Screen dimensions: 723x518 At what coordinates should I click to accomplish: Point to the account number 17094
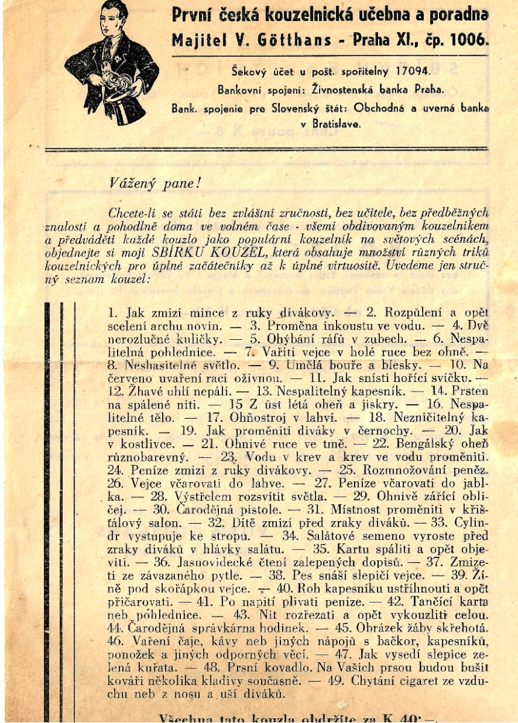pyautogui.click(x=410, y=70)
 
